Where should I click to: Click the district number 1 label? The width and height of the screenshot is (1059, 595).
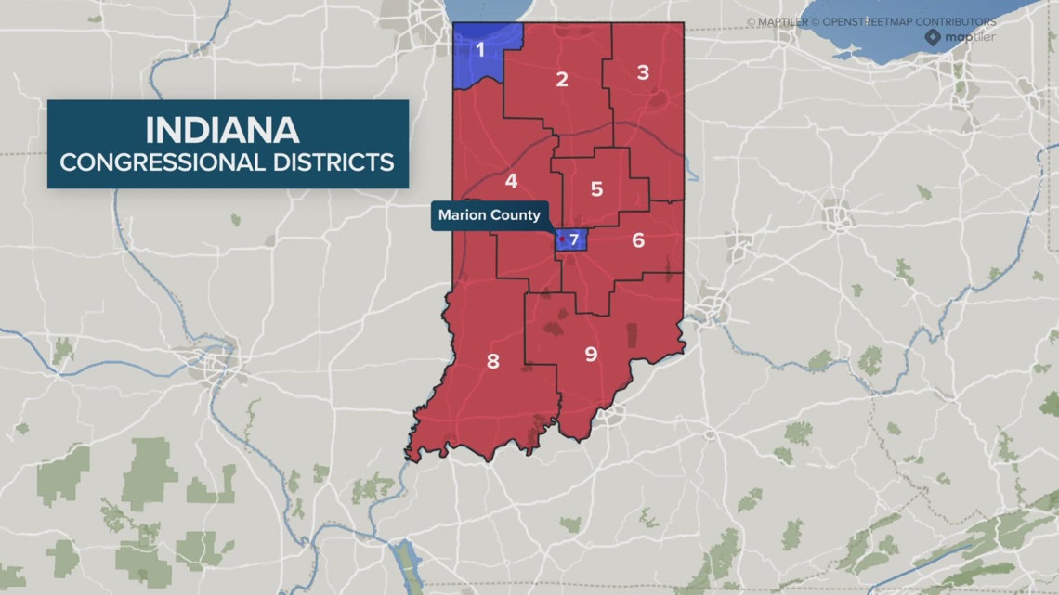point(480,50)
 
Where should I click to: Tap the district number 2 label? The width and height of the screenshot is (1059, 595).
point(562,79)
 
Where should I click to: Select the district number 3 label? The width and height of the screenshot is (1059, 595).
point(643,72)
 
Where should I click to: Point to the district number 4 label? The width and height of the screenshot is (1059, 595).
point(511,181)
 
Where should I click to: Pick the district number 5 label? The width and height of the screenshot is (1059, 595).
point(596,189)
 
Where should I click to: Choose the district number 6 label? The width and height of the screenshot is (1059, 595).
point(638,240)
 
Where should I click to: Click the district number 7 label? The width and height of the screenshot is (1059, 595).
point(574,240)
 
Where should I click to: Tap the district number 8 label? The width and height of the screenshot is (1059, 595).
point(493,361)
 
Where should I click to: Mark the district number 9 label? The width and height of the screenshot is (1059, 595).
point(591,354)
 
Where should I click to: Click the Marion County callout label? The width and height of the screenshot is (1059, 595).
point(490,215)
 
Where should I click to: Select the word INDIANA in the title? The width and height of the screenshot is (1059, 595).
point(222,128)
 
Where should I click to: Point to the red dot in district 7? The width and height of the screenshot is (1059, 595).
point(562,239)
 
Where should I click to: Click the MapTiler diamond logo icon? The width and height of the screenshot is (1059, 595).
point(933,37)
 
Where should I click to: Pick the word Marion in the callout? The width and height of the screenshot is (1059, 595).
point(464,215)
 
